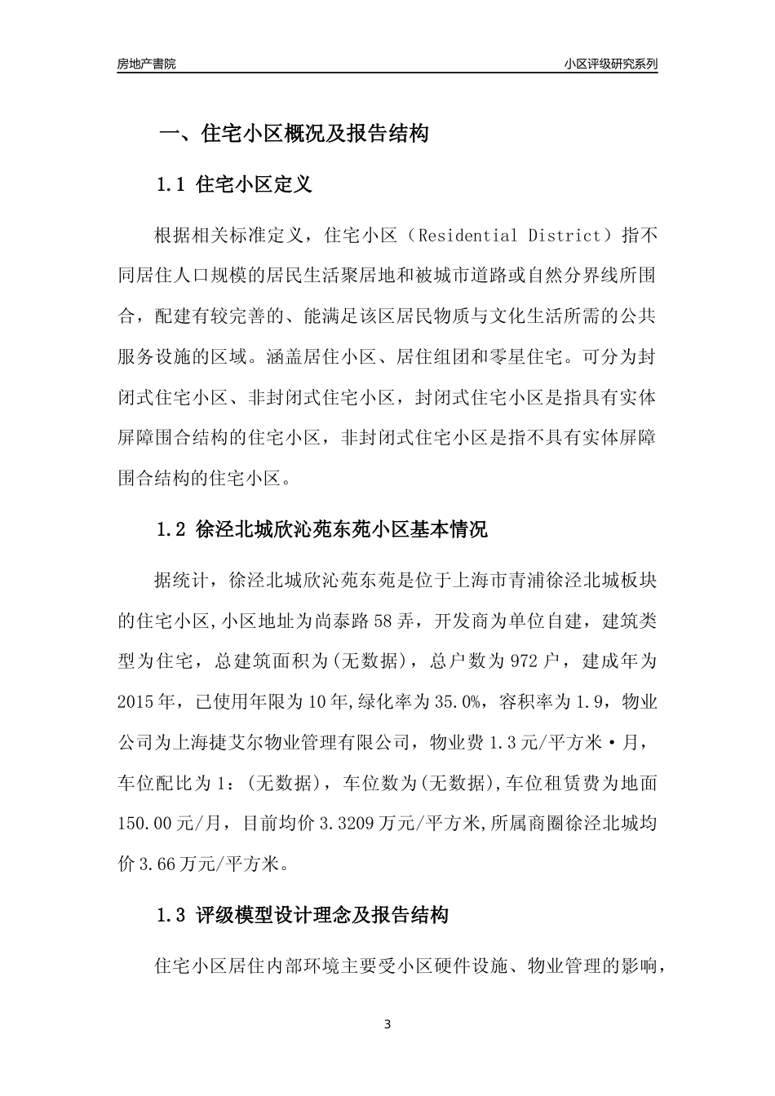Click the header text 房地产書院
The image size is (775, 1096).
[x=146, y=64]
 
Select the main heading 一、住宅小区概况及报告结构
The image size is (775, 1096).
[x=294, y=134]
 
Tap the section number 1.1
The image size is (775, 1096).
[x=172, y=185]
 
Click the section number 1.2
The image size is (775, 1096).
[x=172, y=530]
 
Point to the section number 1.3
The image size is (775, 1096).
[x=172, y=916]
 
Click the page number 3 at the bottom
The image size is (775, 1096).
[x=387, y=1024]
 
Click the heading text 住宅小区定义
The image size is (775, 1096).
[x=255, y=185]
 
